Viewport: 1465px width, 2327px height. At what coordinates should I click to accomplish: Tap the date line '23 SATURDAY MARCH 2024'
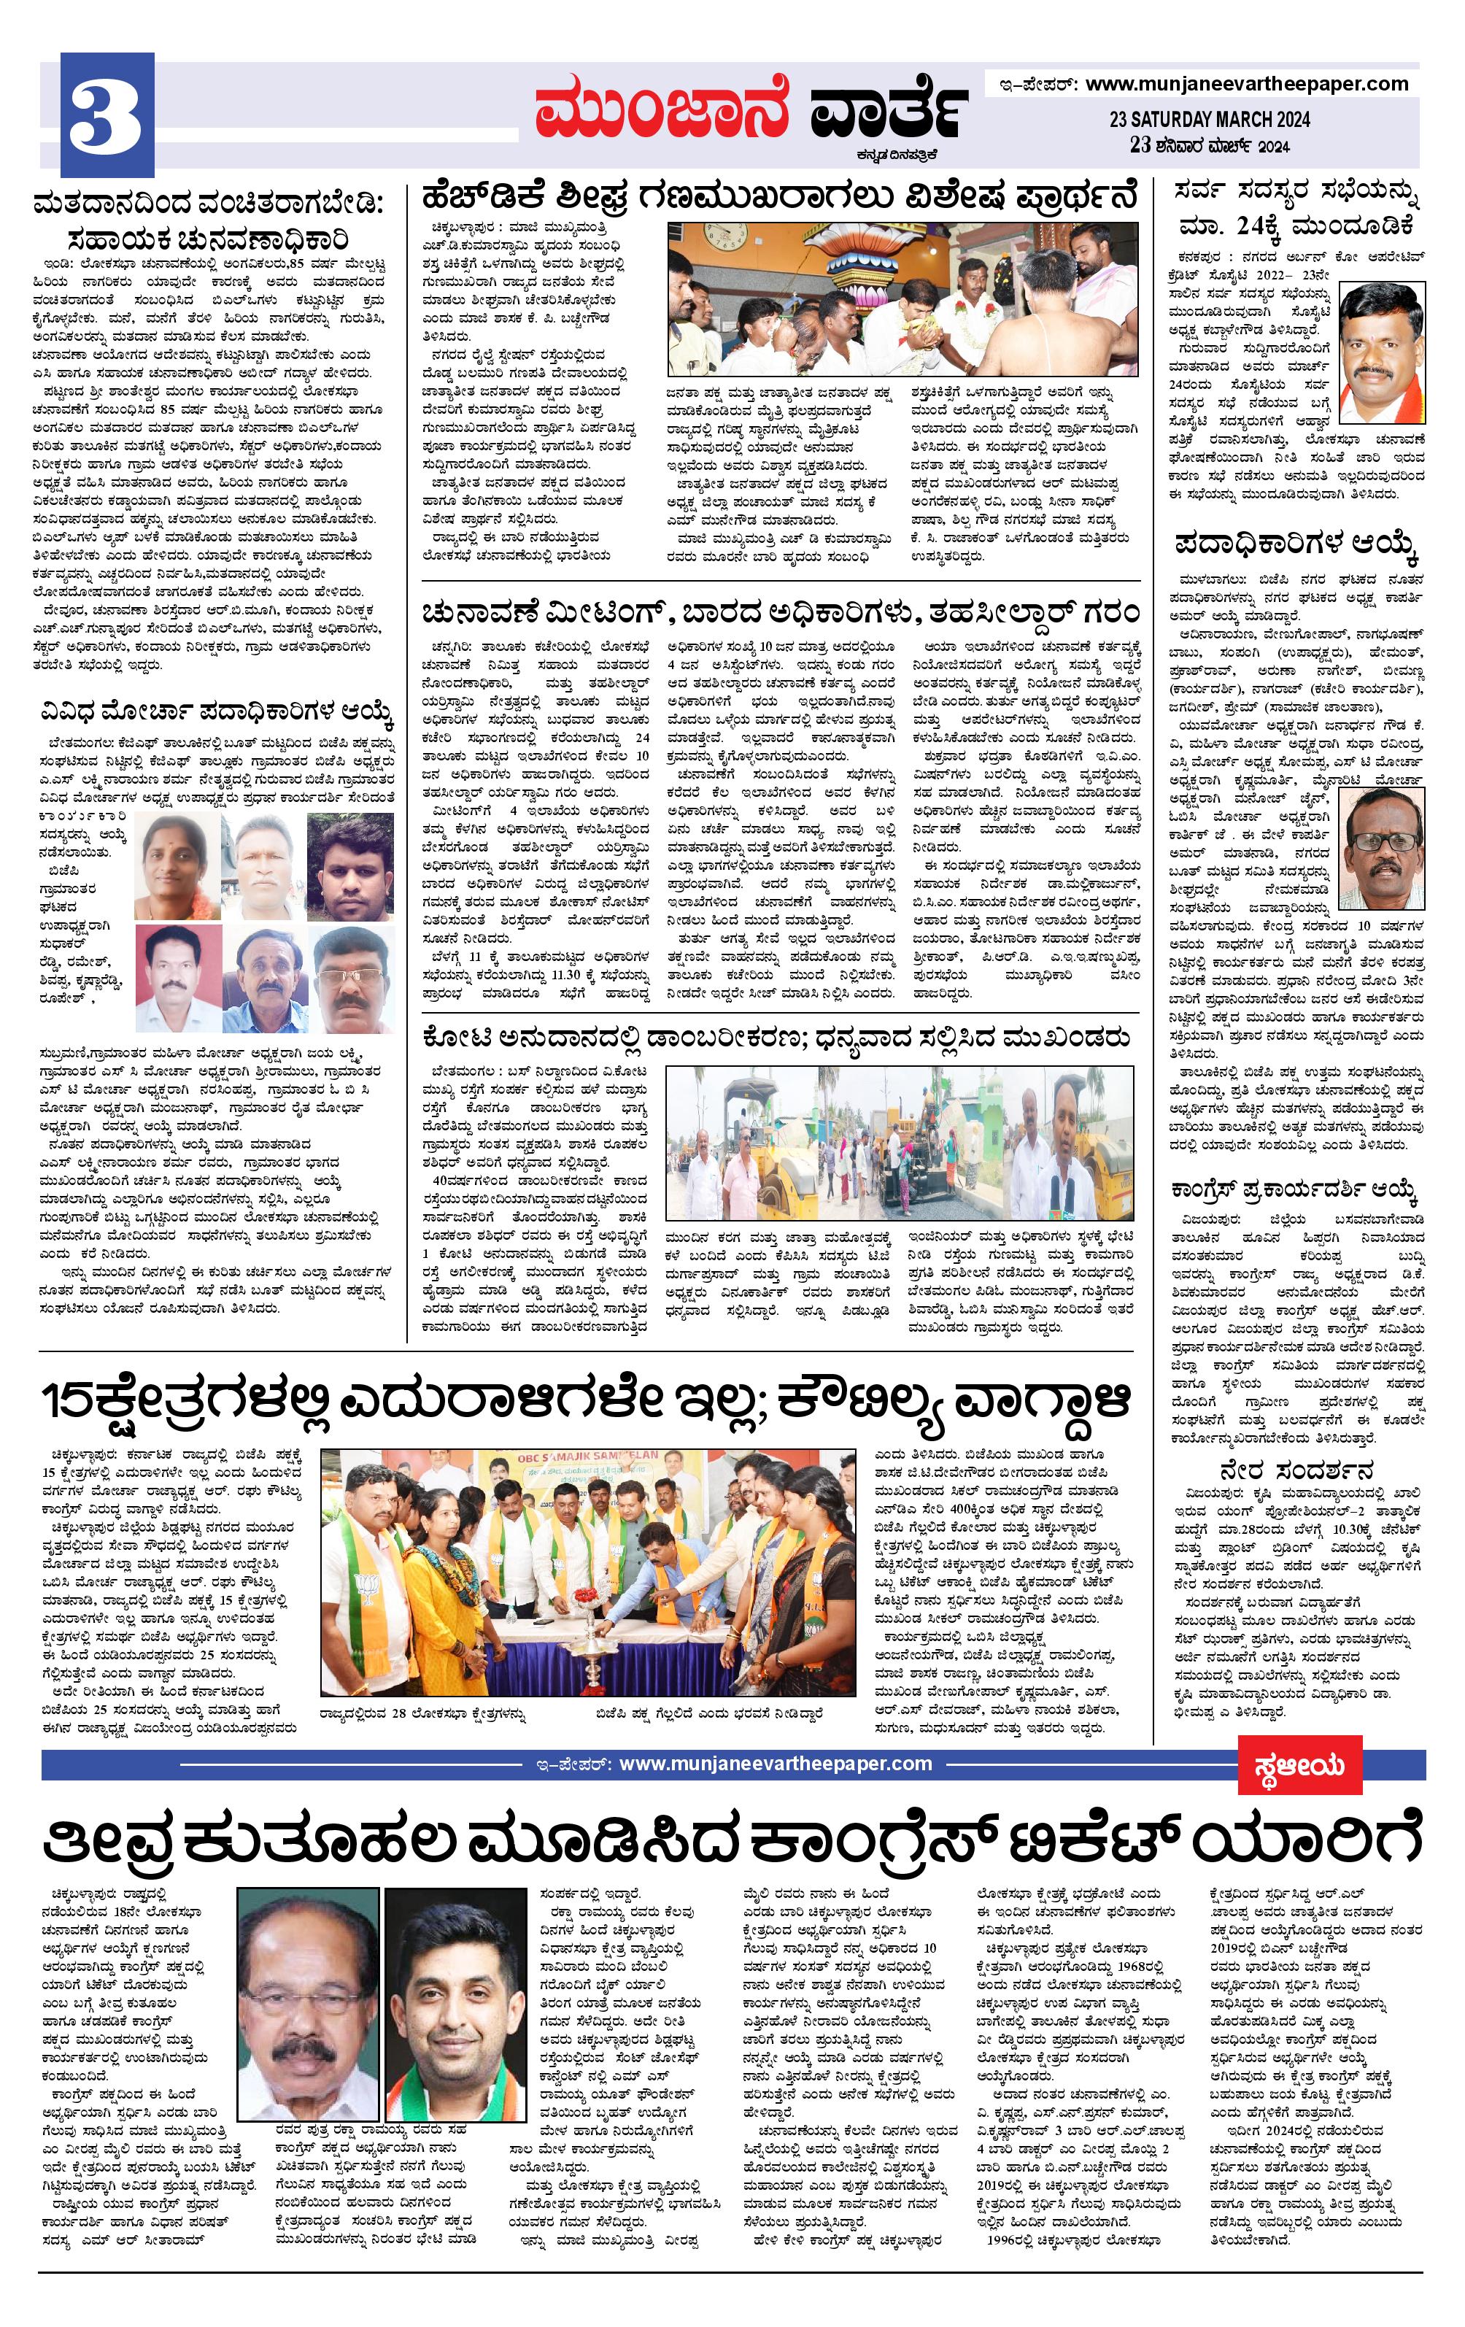1209,120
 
